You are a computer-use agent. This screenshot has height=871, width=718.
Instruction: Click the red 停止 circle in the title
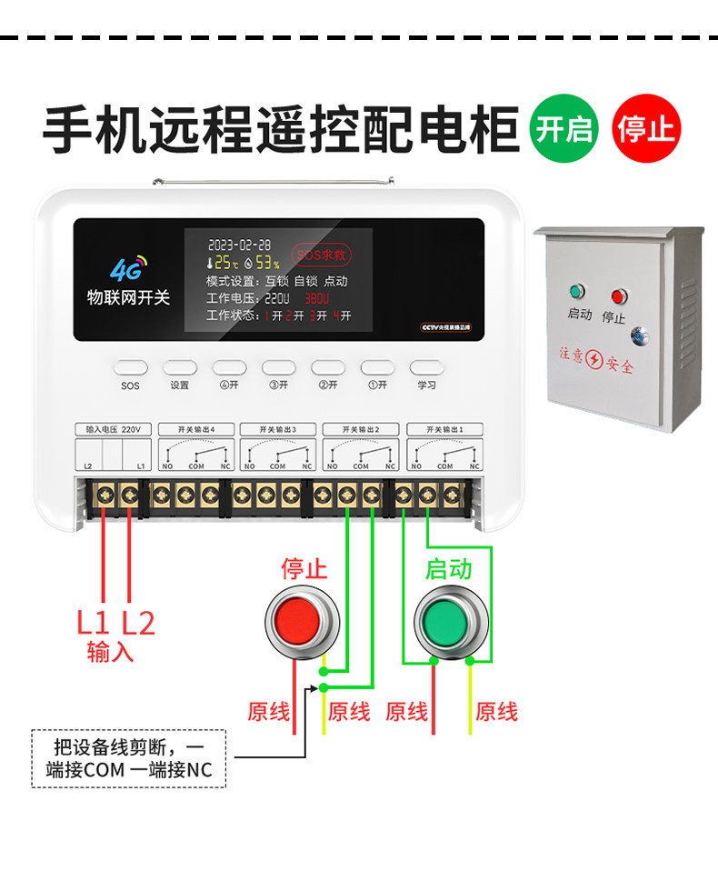point(646,127)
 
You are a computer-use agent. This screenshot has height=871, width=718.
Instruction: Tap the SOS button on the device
point(130,368)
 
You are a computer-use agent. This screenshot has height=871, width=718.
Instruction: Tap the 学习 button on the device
point(427,368)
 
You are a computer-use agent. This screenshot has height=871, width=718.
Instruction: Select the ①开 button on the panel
point(377,368)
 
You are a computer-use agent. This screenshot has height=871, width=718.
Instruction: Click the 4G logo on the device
point(128,268)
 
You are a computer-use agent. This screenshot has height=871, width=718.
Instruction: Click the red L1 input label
point(93,623)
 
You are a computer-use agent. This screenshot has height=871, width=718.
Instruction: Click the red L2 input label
point(138,623)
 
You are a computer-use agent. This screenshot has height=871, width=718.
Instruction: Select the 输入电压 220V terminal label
point(112,429)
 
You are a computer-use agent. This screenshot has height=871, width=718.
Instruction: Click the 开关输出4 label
point(196,429)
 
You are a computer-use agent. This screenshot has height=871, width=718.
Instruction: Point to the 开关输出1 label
point(444,429)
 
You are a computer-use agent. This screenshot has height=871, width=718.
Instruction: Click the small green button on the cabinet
point(574,293)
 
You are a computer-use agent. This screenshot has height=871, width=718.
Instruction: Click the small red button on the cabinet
point(619,296)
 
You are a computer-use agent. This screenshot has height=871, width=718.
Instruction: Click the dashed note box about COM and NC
point(128,758)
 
